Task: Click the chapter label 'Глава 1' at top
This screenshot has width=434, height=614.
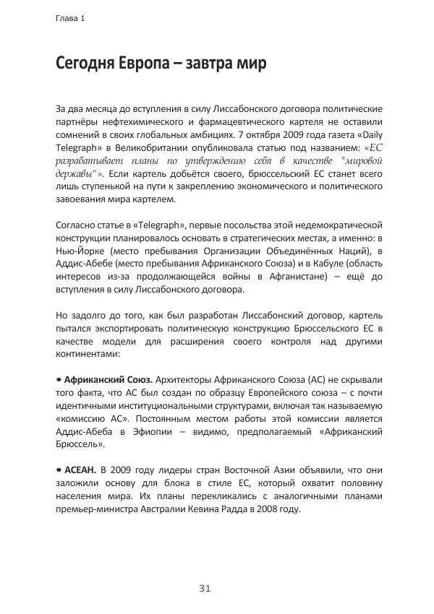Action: pyautogui.click(x=70, y=19)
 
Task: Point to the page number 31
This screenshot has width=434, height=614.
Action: pyautogui.click(x=205, y=589)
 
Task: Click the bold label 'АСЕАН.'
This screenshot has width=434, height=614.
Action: pyautogui.click(x=80, y=470)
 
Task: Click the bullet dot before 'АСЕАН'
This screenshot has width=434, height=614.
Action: pyautogui.click(x=59, y=470)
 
